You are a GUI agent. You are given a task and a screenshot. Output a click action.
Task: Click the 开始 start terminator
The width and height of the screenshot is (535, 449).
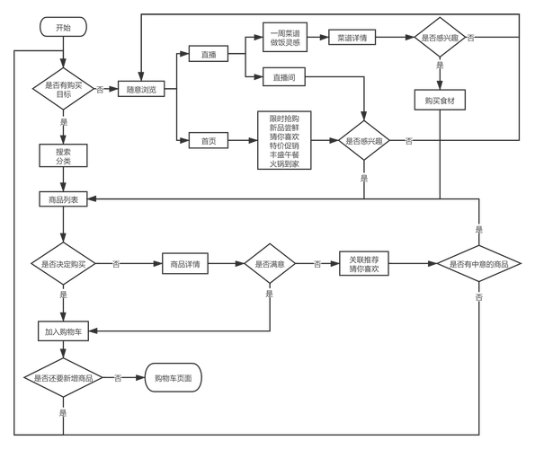point(64,27)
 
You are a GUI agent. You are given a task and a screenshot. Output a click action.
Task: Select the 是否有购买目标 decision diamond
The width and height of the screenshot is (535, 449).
point(64,89)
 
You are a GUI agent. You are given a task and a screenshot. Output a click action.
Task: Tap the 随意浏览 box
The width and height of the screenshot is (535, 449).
point(141,89)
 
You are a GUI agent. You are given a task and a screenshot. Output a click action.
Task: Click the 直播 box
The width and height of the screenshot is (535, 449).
point(209,54)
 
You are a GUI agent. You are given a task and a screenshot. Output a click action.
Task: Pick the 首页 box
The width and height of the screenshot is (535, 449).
point(209,140)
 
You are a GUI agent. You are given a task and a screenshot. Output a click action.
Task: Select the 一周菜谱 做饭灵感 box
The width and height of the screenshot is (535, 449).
point(285,37)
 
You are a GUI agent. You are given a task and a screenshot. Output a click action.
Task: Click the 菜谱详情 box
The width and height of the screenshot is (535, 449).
point(352,37)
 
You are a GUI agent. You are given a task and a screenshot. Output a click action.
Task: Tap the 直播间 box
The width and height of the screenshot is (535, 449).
point(284,77)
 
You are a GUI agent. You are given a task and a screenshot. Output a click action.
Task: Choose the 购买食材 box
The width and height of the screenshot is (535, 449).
point(440,100)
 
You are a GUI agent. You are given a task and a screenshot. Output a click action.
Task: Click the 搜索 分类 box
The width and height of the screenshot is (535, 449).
point(64,155)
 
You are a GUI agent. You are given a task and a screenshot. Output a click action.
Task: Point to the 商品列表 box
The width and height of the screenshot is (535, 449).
point(64,199)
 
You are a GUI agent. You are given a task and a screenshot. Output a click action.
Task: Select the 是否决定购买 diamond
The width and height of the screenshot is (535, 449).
point(64,264)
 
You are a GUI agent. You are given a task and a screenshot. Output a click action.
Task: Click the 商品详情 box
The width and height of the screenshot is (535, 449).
point(185,263)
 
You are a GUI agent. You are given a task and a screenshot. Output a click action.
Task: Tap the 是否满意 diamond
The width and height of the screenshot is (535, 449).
point(270,264)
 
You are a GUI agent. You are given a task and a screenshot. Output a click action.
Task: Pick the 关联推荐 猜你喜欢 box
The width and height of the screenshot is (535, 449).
point(364,263)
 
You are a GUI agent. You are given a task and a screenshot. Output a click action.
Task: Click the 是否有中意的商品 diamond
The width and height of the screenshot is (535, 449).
point(479,264)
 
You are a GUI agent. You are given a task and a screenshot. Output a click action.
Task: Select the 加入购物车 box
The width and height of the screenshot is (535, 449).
point(64,330)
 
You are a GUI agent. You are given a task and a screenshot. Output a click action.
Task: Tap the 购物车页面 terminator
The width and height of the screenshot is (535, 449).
point(174,377)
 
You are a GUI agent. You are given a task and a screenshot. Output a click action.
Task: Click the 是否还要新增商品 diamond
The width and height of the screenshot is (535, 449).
point(64,377)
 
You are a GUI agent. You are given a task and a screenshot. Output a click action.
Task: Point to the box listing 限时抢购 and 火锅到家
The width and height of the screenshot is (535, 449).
point(284,140)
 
